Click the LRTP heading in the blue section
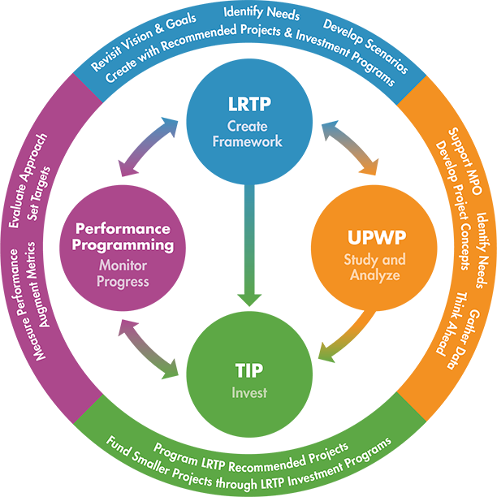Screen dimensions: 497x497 [248, 106]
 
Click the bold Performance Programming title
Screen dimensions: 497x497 [123, 236]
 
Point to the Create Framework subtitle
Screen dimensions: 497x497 [248, 134]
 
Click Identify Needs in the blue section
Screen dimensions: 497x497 [261, 13]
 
